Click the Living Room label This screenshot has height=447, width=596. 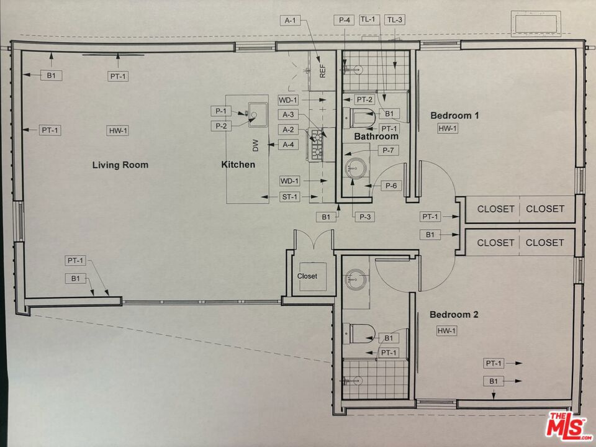pos(120,165)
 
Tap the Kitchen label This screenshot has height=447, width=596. pos(238,165)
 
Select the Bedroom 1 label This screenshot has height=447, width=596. pos(454,115)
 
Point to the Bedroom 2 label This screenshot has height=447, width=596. pos(454,315)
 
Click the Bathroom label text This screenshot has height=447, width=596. pos(376,136)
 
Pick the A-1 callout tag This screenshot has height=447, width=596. pos(290,20)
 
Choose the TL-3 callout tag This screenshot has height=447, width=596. pos(395,20)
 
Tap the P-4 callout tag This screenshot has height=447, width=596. pos(344,20)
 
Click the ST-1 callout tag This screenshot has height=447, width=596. pos(290,197)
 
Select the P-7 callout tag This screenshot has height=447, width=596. pos(388,150)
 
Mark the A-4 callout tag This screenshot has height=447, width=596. pos(288,145)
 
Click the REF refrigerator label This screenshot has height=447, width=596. pos(323,71)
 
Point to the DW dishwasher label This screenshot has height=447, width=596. pos(255,145)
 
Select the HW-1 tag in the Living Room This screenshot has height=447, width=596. pos(118,131)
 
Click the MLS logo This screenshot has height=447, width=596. pos(568,425)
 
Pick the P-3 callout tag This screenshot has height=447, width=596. pos(364,217)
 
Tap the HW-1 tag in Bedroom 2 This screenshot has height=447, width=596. pos(446,331)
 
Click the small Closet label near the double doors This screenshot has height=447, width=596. pos(307,276)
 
